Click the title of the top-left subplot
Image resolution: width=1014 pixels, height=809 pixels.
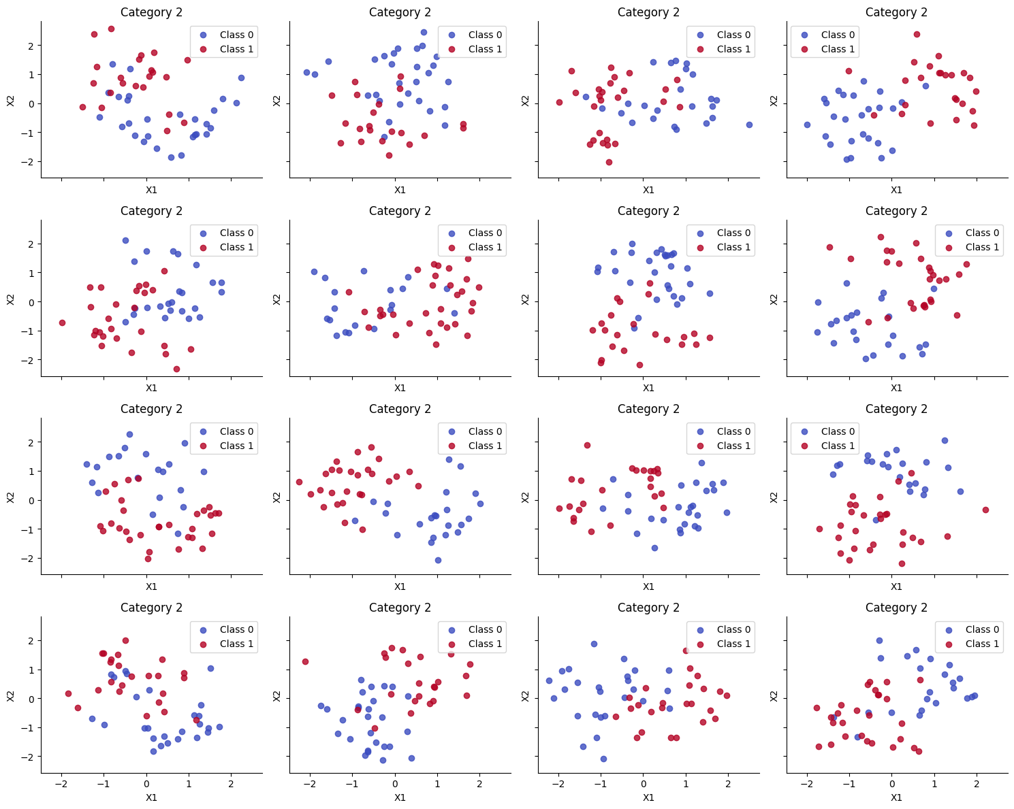151,12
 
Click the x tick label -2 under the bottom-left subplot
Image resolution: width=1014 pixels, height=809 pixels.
61,784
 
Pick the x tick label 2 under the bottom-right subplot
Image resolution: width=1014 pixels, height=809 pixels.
977,784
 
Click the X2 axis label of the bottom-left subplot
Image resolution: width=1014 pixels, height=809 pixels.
11,695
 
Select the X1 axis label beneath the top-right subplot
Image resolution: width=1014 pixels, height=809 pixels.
896,190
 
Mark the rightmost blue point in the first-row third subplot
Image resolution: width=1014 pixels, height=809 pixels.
749,125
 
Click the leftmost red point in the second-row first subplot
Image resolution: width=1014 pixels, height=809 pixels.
62,323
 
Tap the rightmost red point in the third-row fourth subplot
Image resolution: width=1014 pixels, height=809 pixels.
985,510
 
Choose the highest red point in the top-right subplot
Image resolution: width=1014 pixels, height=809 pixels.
917,34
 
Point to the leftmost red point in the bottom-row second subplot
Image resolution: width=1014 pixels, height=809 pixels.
305,661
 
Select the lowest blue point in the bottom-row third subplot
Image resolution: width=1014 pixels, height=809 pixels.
603,759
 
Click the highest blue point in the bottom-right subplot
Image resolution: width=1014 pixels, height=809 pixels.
879,640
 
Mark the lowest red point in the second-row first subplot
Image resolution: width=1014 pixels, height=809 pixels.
176,369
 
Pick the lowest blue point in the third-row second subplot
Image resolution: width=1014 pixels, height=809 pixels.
438,560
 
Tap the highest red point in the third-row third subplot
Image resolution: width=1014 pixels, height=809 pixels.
587,445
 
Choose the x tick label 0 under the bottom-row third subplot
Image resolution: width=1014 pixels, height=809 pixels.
644,784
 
